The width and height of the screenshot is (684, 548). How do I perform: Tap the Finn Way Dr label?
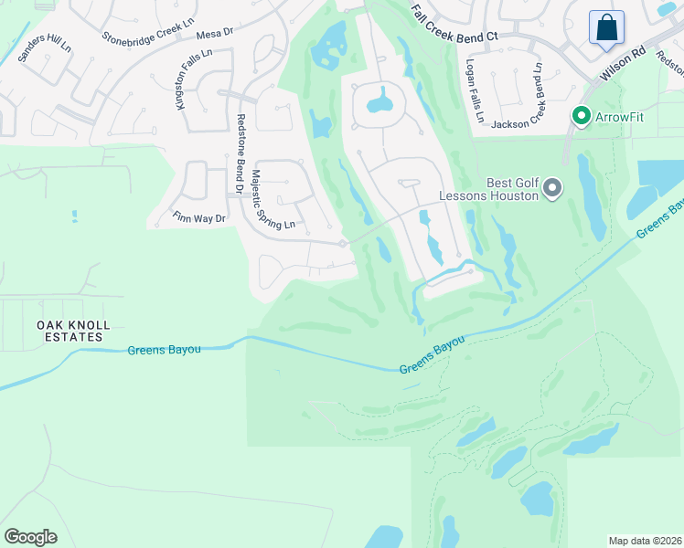point(198,217)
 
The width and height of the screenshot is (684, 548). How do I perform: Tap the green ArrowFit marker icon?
point(580,116)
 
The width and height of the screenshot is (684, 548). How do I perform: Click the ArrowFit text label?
point(621,117)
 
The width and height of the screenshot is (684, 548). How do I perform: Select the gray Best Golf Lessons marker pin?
point(551,188)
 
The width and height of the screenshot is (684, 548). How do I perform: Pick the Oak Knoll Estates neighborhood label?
point(73,331)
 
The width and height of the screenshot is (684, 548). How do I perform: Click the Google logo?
point(30,537)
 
